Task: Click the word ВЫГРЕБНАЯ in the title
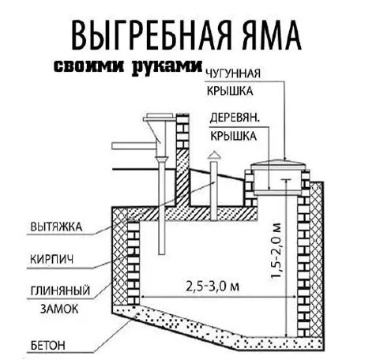pos(151,36)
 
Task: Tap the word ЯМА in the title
pos(272,36)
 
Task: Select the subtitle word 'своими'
pos(88,66)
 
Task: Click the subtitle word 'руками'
pos(167,67)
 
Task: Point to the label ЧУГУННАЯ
pos(233,73)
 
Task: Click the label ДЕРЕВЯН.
pos(235,118)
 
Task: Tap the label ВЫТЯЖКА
pos(56,227)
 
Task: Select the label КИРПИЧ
pos(52,259)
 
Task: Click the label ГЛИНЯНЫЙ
pos(60,291)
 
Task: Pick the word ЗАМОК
pos(59,309)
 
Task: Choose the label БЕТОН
pos(48,346)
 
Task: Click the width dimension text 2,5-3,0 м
pos(212,287)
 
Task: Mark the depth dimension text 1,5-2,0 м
pos(276,250)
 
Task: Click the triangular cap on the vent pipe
pos(214,155)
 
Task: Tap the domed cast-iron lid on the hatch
pos(279,162)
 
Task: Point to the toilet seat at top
pos(160,117)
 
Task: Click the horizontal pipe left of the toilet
pos(133,146)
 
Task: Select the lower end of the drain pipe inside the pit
pos(162,253)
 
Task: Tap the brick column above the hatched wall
pos(182,131)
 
